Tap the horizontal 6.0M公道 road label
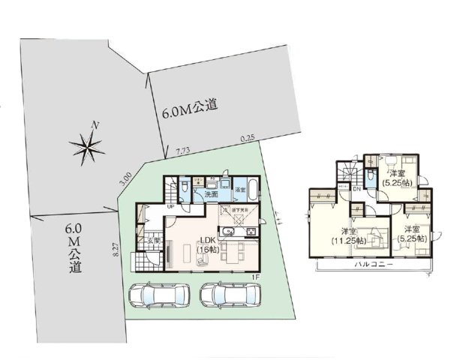(189, 112)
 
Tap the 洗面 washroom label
(212, 194)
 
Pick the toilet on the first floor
(185, 188)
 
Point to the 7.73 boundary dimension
(182, 151)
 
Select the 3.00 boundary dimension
(126, 180)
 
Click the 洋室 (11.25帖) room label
(349, 236)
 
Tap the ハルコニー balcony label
(371, 265)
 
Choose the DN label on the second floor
(356, 189)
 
